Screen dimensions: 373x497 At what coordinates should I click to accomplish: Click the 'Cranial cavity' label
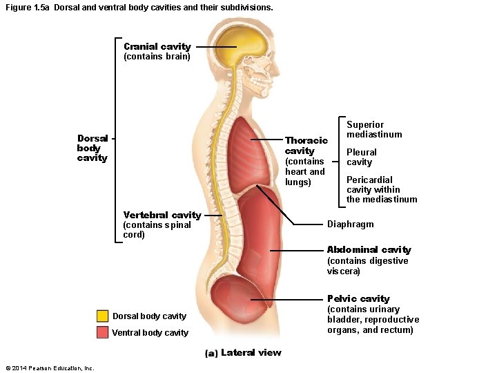(x=157, y=46)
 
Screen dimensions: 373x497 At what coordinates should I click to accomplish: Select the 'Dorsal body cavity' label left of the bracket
(x=92, y=148)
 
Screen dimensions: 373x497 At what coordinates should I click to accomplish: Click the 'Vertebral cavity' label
(x=162, y=215)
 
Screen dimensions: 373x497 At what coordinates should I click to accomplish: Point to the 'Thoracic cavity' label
(x=306, y=145)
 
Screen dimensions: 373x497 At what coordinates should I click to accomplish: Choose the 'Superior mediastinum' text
(x=374, y=130)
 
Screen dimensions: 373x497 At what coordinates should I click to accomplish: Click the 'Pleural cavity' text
(x=361, y=157)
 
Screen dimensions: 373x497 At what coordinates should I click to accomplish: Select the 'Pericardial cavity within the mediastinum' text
(x=381, y=189)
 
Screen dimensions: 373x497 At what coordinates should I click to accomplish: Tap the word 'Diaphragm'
(x=350, y=224)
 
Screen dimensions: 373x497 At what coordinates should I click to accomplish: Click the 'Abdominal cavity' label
(x=369, y=249)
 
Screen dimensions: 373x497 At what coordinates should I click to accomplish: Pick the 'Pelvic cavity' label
(x=358, y=298)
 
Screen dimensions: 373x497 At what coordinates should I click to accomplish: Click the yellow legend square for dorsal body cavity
(x=102, y=316)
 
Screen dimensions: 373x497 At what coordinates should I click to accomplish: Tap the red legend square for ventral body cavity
(x=102, y=332)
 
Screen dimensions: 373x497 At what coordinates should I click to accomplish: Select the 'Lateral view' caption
(x=251, y=352)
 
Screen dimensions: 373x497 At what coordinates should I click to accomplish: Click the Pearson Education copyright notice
(x=49, y=367)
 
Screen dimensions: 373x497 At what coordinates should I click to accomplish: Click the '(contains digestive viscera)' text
(x=367, y=266)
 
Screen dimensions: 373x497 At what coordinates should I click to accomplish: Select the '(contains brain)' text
(x=157, y=57)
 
